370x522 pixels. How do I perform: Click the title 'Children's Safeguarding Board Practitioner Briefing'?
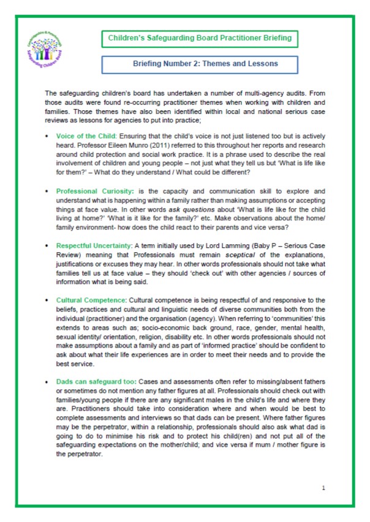click(x=200, y=39)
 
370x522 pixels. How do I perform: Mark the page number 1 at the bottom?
click(x=323, y=487)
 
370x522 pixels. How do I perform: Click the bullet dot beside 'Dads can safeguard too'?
click(x=47, y=381)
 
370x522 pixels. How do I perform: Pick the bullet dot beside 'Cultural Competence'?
click(x=47, y=301)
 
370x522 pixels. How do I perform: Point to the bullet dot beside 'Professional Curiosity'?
click(x=47, y=191)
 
